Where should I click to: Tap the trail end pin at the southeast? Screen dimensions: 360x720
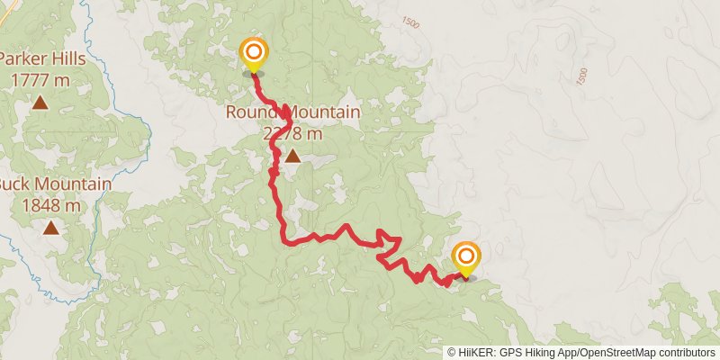tap(466, 258)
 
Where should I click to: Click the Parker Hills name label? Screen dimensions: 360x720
tap(41, 59)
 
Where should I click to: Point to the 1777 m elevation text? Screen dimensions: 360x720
tap(41, 79)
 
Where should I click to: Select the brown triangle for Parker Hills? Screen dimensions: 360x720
tap(40, 103)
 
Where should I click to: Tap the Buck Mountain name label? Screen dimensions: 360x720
tap(54, 185)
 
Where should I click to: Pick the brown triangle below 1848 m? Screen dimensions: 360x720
tap(52, 228)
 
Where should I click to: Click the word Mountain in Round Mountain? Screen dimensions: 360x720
tap(323, 113)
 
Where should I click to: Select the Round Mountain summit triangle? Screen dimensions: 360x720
tap(292, 156)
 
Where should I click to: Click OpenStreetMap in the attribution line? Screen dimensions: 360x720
tap(620, 353)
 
